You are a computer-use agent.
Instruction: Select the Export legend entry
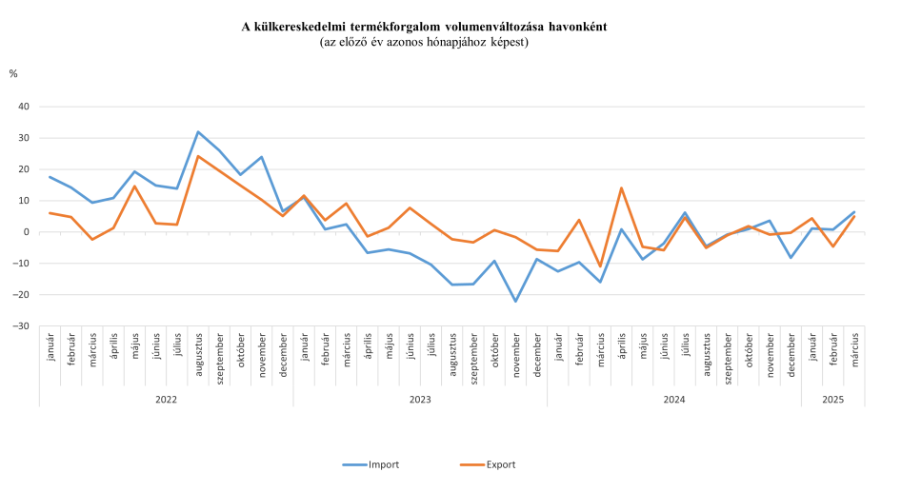[x=500, y=464]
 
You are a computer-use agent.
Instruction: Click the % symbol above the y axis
[x=13, y=73]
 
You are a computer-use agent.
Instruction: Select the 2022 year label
[x=166, y=401]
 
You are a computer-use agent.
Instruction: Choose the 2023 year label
[x=420, y=401]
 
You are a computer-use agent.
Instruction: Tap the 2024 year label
[x=674, y=401]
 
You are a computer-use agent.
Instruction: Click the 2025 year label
[x=833, y=401]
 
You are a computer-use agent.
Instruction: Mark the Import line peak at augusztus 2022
[x=197, y=132]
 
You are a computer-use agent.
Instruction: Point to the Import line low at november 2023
[x=515, y=302]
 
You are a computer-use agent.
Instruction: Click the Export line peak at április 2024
[x=621, y=187]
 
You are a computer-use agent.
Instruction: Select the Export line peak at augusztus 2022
[x=197, y=156]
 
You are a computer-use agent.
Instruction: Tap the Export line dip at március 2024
[x=600, y=266]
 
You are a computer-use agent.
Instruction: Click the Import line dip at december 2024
[x=791, y=258]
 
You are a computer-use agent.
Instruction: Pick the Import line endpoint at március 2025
[x=854, y=211]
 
